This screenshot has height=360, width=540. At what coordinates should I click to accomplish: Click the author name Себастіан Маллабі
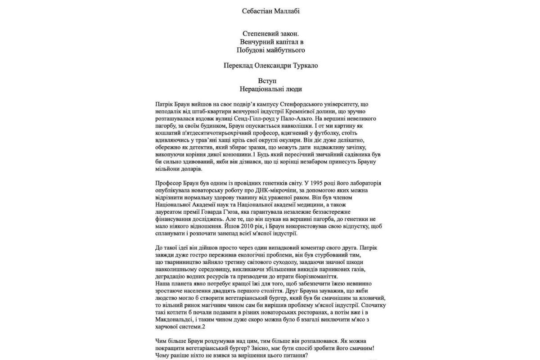[x=270, y=10]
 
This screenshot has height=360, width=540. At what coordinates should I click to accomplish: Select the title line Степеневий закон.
[x=270, y=34]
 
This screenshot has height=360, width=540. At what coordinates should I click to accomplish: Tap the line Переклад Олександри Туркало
[x=270, y=65]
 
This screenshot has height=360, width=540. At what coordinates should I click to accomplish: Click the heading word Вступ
[x=270, y=81]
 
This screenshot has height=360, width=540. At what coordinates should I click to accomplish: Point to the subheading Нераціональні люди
[x=270, y=89]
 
